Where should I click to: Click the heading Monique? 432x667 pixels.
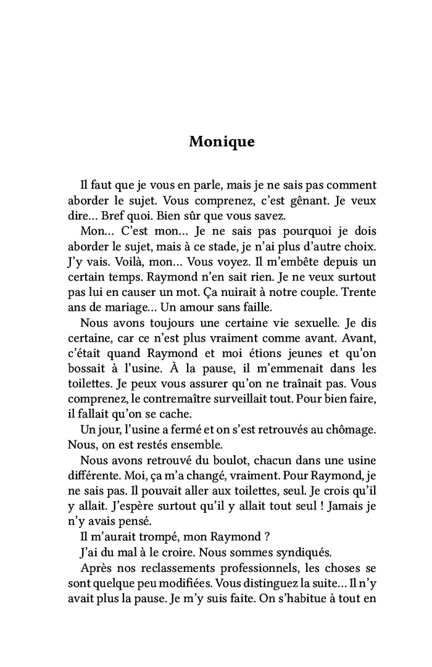(222, 141)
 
